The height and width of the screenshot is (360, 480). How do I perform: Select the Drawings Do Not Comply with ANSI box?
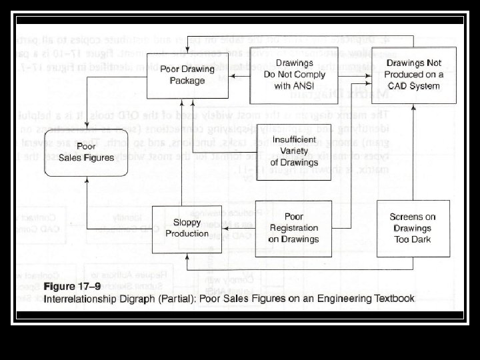click(x=294, y=74)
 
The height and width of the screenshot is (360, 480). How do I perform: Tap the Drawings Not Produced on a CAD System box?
click(x=413, y=74)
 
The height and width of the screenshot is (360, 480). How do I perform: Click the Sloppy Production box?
click(x=187, y=229)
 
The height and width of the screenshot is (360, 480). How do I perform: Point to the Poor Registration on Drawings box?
click(x=293, y=228)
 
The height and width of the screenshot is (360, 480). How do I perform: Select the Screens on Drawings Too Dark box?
click(x=412, y=228)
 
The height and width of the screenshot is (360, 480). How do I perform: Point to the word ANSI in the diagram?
click(x=310, y=85)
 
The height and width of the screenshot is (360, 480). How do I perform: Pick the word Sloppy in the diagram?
click(x=187, y=223)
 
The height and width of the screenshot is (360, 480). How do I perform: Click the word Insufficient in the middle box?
click(x=294, y=140)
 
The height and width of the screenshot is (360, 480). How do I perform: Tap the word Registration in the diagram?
click(x=293, y=228)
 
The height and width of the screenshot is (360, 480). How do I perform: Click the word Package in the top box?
click(x=187, y=81)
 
